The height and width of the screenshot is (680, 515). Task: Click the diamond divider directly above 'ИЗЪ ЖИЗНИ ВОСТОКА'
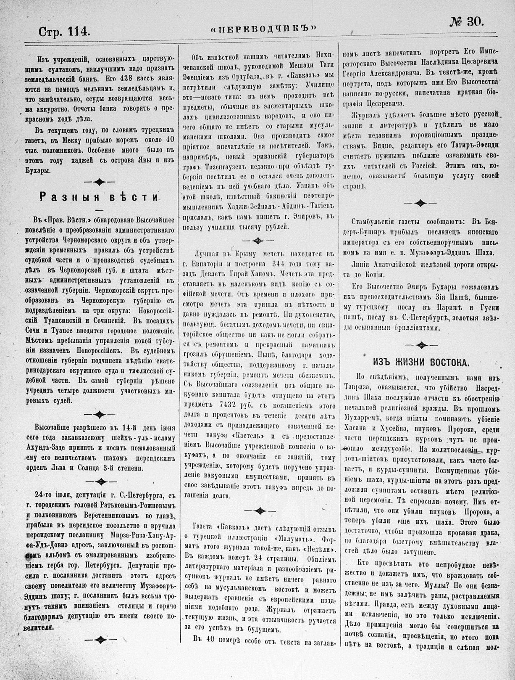coord(420,345)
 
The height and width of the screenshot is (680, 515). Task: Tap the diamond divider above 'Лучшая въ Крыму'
coord(258,241)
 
